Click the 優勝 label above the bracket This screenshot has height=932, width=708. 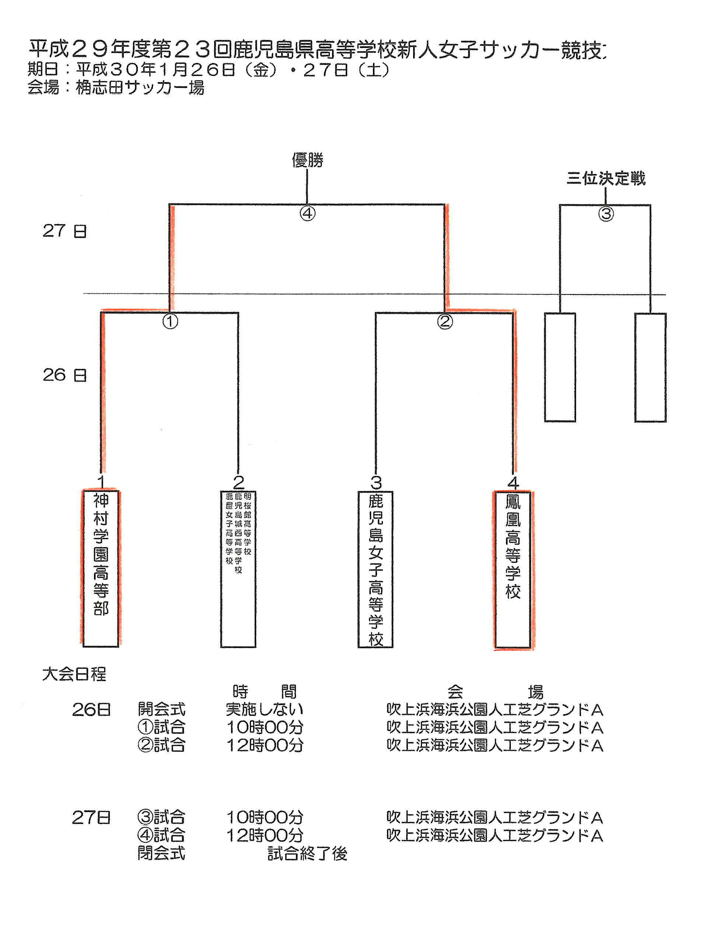coord(307,160)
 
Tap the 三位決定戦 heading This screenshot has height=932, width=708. coord(606,178)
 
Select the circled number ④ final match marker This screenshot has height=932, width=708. coord(307,213)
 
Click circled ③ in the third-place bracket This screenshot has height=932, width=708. coord(606,214)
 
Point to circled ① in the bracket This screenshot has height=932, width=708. coord(170,321)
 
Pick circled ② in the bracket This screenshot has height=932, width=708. coord(444,321)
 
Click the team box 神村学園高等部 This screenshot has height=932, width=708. coord(101,568)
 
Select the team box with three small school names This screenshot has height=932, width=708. coord(238,568)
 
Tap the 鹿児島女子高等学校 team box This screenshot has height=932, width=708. coord(376,569)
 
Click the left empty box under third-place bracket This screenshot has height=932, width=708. coord(560,367)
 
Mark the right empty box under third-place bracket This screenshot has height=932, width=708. coord(650,367)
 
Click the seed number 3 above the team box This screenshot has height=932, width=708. coord(376,482)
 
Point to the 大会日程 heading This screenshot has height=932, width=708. coord(74,674)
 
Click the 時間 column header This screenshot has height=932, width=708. coord(265,692)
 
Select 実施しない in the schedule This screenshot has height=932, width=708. coord(265,709)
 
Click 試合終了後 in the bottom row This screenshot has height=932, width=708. coord(307,854)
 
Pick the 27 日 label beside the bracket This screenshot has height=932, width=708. coord(64,231)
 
